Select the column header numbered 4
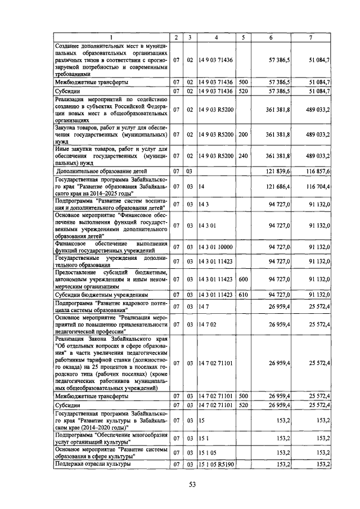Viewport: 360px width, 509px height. pos(216,38)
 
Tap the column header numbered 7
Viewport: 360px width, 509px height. pos(310,38)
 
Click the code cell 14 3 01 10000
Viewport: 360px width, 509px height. pos(216,247)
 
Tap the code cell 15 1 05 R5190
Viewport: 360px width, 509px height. pos(216,464)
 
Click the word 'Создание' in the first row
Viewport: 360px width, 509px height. pos(69,45)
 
